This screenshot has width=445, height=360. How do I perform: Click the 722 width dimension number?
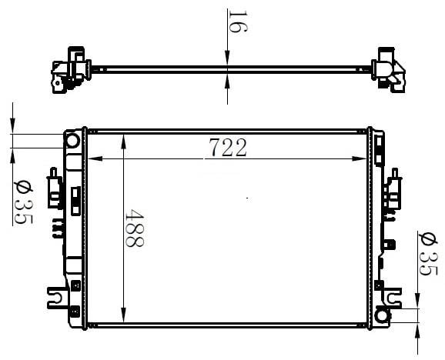coord(228,148)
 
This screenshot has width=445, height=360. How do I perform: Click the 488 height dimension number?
coord(135,228)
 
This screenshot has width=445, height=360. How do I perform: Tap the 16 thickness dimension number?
coord(238,22)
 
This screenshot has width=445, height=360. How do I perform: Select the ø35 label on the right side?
coord(428,254)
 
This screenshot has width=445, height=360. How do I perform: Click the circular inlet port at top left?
coord(72,141)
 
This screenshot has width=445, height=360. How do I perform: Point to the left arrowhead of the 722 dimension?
coord(95,158)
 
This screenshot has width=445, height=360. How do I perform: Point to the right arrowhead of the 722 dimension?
coord(360,158)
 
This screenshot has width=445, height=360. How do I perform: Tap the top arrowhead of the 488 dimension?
coord(123,142)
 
